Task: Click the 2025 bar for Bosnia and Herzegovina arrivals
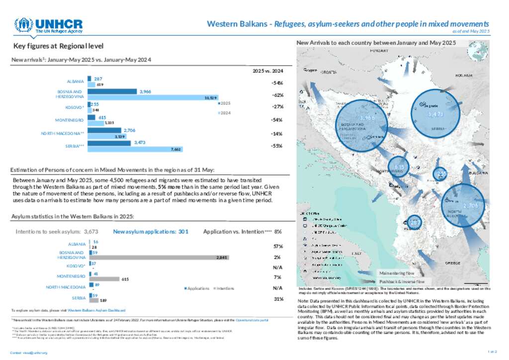coord(112,91)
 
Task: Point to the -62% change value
coord(277,95)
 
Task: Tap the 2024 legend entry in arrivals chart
coord(224,113)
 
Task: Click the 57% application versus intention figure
coord(278,247)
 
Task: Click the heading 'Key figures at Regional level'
coord(59,46)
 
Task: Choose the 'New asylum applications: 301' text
coord(151,231)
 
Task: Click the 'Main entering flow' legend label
coord(396,273)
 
